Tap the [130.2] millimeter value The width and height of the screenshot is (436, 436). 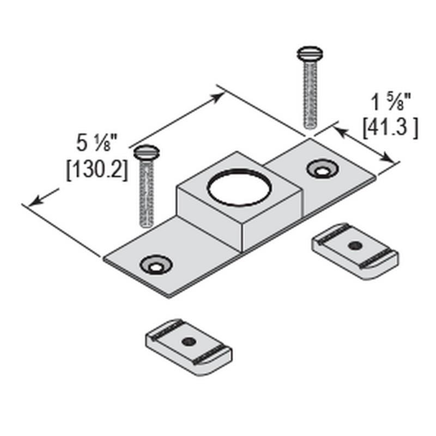97,170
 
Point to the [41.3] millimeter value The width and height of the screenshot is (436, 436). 390,128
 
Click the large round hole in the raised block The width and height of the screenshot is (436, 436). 239,187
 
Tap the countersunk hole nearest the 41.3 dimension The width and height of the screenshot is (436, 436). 322,169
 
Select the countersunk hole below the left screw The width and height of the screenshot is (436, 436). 156,264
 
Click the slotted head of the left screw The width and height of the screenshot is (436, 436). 147,153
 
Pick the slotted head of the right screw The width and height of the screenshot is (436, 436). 310,53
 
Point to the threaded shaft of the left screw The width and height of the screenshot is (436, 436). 146,193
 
